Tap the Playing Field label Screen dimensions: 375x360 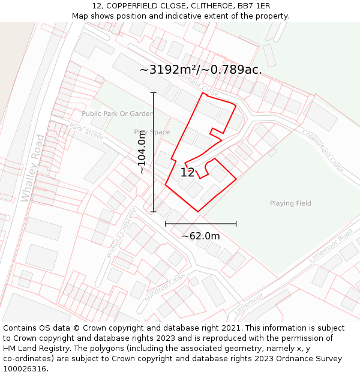290,203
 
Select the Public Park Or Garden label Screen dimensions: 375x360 118,114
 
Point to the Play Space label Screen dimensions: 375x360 152,132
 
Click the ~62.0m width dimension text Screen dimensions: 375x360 200,236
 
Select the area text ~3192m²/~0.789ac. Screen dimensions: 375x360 200,70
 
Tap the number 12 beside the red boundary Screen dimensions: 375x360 187,173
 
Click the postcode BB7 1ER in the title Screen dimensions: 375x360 254,6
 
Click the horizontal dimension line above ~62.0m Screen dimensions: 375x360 200,224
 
